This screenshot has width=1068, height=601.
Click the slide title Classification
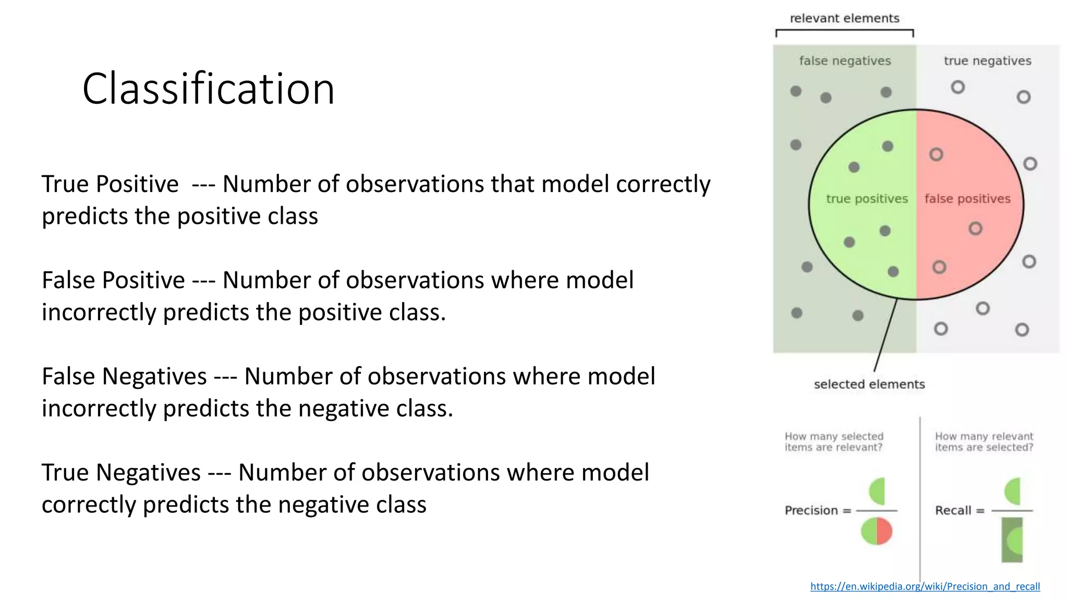[x=208, y=89]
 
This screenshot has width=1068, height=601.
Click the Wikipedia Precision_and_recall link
[x=925, y=586]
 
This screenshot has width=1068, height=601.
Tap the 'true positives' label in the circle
[x=867, y=199]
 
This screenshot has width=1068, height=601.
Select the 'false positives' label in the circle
[x=967, y=199]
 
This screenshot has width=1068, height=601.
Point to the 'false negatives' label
[x=845, y=61]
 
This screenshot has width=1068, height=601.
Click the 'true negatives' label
[x=987, y=61]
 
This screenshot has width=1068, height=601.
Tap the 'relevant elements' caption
[x=844, y=19]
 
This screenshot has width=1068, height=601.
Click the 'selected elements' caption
[x=869, y=384]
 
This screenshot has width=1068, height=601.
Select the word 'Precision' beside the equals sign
[x=811, y=510]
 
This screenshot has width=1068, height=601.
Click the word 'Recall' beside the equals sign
[x=953, y=510]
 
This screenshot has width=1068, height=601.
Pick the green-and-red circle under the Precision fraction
[x=877, y=531]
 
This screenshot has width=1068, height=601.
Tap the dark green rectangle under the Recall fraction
[x=1012, y=540]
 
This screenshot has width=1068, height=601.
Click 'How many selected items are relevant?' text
[x=833, y=442]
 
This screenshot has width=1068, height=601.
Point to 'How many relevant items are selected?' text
[x=984, y=442]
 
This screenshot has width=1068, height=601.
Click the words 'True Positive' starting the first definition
[x=110, y=184]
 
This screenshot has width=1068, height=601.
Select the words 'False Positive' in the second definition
[x=113, y=280]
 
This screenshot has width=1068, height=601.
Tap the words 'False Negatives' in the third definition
[x=124, y=376]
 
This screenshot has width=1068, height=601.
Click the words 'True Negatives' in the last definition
[x=121, y=473]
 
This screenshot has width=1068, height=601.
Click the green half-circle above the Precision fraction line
[x=878, y=491]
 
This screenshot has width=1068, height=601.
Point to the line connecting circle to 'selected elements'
[x=885, y=335]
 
